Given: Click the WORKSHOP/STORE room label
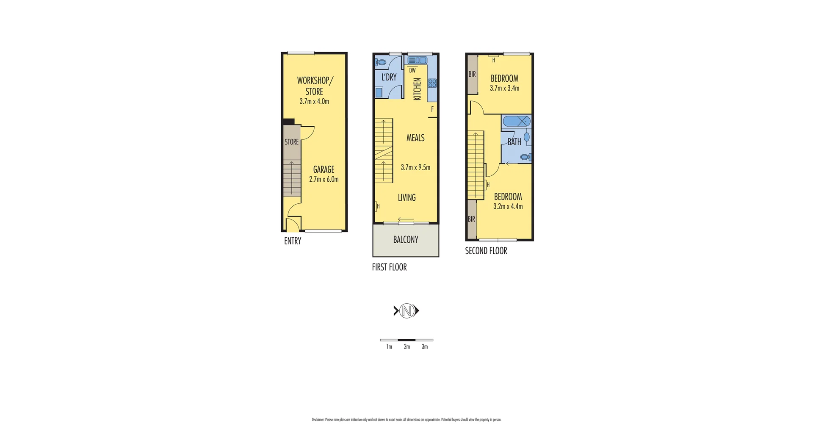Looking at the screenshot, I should pyautogui.click(x=315, y=86).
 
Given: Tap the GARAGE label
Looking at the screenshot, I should pyautogui.click(x=324, y=169).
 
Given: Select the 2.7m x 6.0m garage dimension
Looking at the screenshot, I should pyautogui.click(x=324, y=179).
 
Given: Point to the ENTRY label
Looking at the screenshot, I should pyautogui.click(x=293, y=241).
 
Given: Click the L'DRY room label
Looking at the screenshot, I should pyautogui.click(x=389, y=77).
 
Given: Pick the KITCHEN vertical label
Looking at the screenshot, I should pyautogui.click(x=417, y=89).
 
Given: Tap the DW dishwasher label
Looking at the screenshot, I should pyautogui.click(x=412, y=71).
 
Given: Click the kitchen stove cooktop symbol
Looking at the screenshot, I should pyautogui.click(x=432, y=83).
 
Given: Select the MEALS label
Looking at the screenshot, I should pyautogui.click(x=415, y=138).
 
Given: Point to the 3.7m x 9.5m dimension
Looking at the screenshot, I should pyautogui.click(x=415, y=167).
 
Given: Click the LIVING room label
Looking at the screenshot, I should pyautogui.click(x=407, y=197).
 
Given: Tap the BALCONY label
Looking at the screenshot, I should pyautogui.click(x=406, y=240).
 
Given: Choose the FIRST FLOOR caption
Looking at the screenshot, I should pyautogui.click(x=389, y=267).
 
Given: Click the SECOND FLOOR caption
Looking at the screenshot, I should pyautogui.click(x=486, y=251).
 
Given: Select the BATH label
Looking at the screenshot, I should pyautogui.click(x=514, y=142).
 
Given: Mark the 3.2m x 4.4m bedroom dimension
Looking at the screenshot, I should pyautogui.click(x=508, y=207).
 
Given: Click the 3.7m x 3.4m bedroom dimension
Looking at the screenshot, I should pyautogui.click(x=505, y=88).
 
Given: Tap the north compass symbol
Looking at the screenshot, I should pyautogui.click(x=406, y=311).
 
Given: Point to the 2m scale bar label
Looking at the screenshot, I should pyautogui.click(x=407, y=347).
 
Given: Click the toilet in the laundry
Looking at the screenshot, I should pyautogui.click(x=381, y=62).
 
